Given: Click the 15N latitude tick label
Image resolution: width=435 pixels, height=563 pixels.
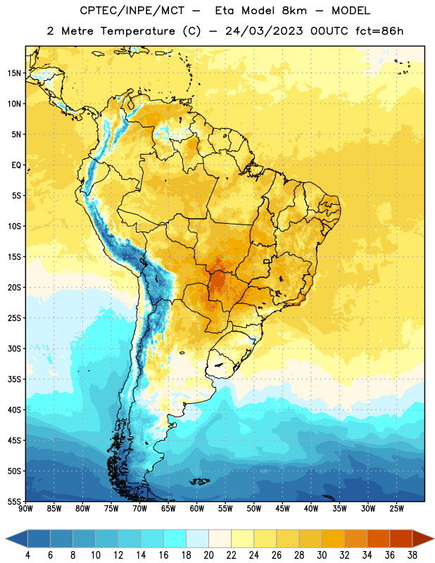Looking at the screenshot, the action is [x=14, y=73].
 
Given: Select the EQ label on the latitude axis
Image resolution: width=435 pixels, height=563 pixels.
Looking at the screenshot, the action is [x=16, y=165].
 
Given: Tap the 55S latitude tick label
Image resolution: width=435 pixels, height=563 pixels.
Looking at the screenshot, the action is [x=14, y=501].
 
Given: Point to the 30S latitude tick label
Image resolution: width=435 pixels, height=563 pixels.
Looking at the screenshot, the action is [x=14, y=348].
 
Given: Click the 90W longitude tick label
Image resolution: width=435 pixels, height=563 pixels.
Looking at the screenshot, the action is [x=25, y=509].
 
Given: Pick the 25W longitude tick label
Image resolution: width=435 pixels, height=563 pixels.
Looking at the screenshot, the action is [x=396, y=509].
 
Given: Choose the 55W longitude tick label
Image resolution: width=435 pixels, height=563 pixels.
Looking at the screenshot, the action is [x=225, y=509].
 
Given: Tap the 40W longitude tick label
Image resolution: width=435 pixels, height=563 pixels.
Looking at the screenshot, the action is [x=311, y=509].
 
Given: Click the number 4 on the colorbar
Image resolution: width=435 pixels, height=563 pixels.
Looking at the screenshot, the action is [x=27, y=555].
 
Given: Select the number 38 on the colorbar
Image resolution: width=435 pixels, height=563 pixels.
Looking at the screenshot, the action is [x=412, y=555].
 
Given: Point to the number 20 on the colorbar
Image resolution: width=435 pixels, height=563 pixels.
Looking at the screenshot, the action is [x=208, y=555].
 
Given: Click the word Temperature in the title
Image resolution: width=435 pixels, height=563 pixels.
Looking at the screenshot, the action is [x=137, y=31].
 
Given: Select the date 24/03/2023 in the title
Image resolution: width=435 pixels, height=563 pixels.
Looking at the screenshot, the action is [x=264, y=31].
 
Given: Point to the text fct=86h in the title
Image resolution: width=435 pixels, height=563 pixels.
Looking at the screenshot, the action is [x=379, y=31].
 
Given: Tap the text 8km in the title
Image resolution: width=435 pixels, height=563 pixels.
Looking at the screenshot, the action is [x=294, y=11].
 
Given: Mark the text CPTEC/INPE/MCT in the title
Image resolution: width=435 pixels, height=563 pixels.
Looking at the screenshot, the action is [x=132, y=11].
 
